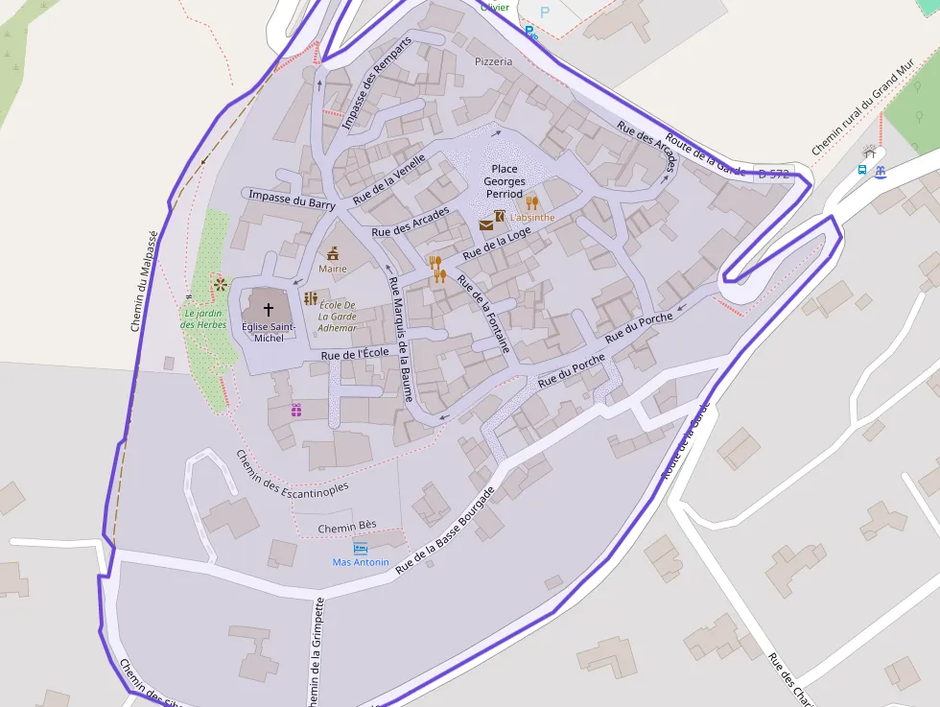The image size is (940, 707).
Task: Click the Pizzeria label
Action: click(x=493, y=61)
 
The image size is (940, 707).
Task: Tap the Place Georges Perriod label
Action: click(x=504, y=181)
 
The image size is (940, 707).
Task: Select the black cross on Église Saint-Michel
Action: click(x=269, y=309)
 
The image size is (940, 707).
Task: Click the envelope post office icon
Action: click(x=486, y=224)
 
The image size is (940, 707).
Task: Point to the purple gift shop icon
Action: click(x=296, y=411)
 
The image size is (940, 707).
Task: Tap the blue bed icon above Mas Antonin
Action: click(x=361, y=548)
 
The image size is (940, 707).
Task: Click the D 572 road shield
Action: click(x=773, y=174)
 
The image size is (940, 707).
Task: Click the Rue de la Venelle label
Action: click(x=388, y=179)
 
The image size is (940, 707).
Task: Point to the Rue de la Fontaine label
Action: click(x=483, y=314)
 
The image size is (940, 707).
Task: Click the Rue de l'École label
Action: click(x=354, y=354)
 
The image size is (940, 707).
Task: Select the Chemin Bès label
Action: click(x=347, y=526)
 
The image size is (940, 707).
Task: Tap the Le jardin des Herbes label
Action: click(x=204, y=318)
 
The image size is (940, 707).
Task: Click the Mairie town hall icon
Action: click(x=333, y=253)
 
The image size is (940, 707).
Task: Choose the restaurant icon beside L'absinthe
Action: click(x=532, y=202)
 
